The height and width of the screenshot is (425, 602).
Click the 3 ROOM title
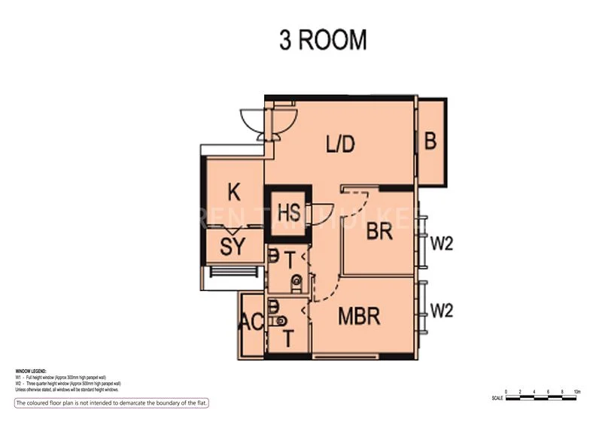(323, 40)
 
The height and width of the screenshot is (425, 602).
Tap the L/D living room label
(339, 144)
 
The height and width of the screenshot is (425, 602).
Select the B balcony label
(430, 141)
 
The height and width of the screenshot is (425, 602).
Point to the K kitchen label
(234, 193)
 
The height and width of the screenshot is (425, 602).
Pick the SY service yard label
(233, 246)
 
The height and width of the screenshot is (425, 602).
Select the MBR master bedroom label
(358, 317)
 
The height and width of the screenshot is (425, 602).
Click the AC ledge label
(250, 323)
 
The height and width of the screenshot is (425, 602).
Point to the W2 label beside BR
(442, 244)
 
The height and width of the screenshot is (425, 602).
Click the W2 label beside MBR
(442, 310)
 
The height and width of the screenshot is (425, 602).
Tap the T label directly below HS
(290, 260)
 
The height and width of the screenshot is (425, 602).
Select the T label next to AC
(288, 338)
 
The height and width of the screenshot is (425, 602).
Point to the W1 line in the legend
(68, 378)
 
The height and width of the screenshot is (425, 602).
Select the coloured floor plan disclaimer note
(111, 403)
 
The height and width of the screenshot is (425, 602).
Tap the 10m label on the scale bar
(576, 392)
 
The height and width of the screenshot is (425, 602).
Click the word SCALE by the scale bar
(497, 398)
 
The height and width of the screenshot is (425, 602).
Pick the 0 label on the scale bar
(507, 392)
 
